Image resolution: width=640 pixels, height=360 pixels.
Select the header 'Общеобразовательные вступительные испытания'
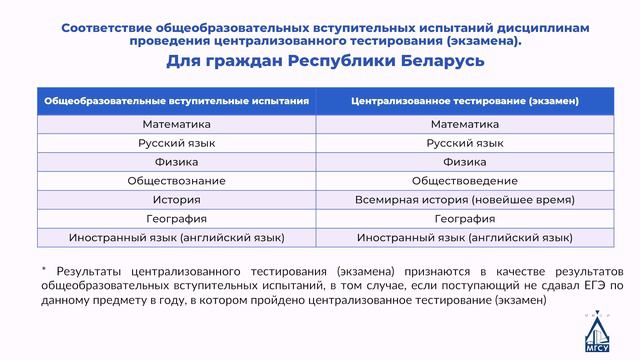pos(176,101)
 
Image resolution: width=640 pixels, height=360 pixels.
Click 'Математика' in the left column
pos(176,125)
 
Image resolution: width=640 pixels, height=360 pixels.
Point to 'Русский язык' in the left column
pos(176,143)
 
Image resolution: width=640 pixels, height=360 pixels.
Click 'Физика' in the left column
pos(176,162)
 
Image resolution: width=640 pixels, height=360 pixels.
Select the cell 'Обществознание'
pos(176,181)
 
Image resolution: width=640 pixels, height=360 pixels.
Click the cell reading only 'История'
pos(176,200)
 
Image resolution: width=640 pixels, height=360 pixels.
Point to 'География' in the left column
pos(176,219)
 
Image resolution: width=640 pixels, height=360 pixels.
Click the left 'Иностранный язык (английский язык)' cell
pos(176,238)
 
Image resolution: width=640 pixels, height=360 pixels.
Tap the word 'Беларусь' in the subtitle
pos(440,62)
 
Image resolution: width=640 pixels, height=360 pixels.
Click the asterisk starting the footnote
pos(44,270)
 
